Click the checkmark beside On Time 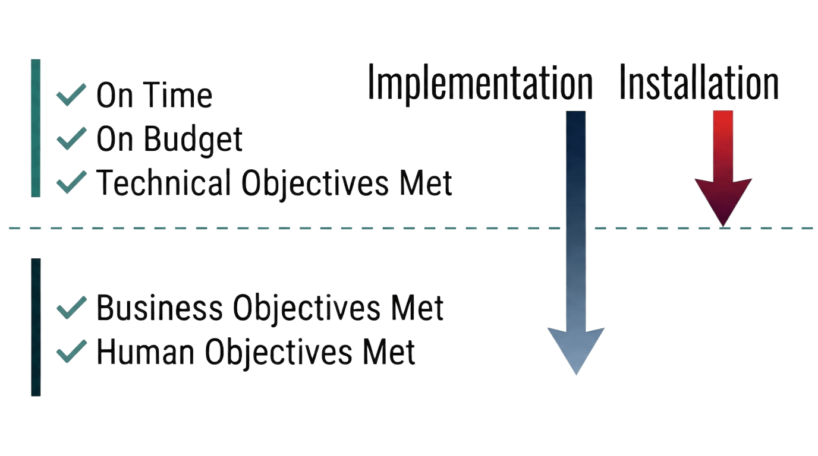[x=71, y=96]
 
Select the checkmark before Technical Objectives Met [x=71, y=182]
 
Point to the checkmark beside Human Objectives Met [x=71, y=353]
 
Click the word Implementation [x=480, y=83]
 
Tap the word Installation [x=699, y=83]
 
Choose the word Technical [x=163, y=182]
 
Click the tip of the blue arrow [x=575, y=373]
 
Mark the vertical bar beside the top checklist [x=36, y=128]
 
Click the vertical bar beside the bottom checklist [x=36, y=327]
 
